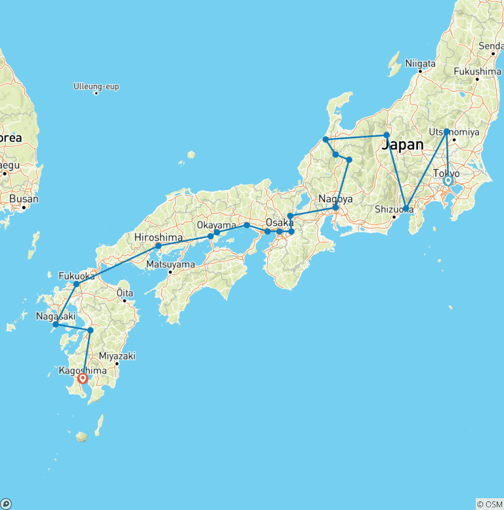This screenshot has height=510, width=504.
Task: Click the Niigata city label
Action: click(421, 64)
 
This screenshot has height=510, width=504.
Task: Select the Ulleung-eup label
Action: click(96, 85)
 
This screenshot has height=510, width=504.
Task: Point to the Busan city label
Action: click(23, 198)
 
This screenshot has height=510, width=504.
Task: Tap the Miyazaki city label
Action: click(117, 356)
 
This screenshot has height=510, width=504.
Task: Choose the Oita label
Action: click(124, 292)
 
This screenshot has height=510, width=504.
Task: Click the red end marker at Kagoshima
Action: click(83, 378)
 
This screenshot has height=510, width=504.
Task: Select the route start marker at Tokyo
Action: click(448, 180)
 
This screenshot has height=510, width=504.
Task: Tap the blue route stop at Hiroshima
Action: click(158, 246)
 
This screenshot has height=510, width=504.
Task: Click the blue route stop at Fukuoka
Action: click(77, 284)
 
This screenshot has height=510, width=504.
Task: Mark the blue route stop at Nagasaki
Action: click(56, 324)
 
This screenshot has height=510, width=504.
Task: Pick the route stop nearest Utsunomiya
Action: click(446, 131)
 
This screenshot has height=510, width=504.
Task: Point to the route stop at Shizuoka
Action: click(406, 208)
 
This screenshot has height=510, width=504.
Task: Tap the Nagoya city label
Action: click(335, 198)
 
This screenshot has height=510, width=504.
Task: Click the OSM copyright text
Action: click(489, 504)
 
